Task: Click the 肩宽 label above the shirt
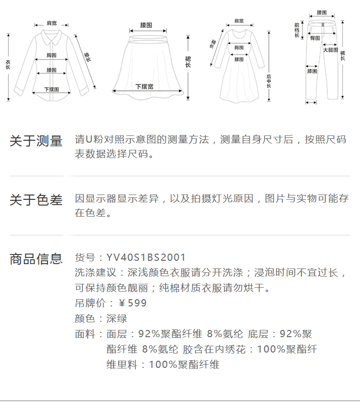[x=51, y=23]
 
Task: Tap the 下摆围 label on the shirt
[x=51, y=89]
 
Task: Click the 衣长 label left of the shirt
[x=8, y=65]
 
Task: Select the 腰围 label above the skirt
[x=146, y=24]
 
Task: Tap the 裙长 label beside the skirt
[x=188, y=61]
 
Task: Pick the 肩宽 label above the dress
[x=239, y=21]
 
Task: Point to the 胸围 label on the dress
[x=239, y=48]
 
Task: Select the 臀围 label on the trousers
[x=315, y=38]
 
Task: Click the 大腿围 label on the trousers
[x=330, y=49]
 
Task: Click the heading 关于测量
[x=36, y=141]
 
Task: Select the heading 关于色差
[x=36, y=200]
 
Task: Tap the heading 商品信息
[x=36, y=259]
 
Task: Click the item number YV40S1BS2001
[x=146, y=258]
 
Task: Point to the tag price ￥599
[x=132, y=303]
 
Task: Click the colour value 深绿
[x=117, y=318]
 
